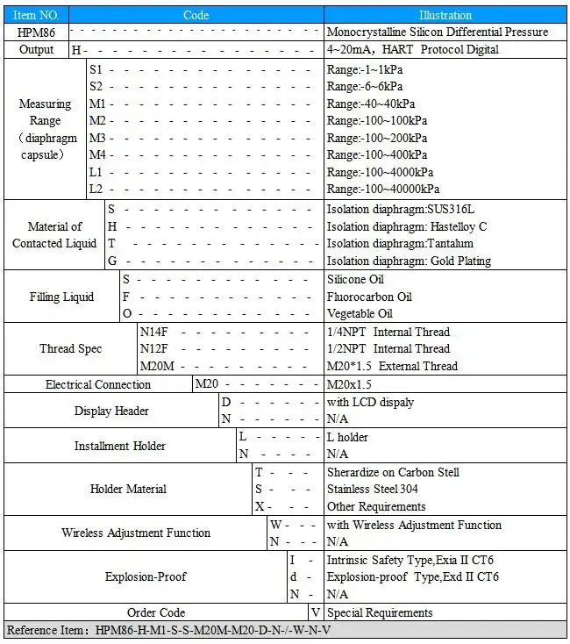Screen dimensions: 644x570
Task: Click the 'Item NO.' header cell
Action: (x=36, y=15)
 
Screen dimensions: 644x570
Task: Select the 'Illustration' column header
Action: (x=445, y=15)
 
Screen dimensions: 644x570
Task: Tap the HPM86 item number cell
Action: (x=36, y=32)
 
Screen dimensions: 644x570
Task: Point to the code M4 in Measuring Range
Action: (x=97, y=155)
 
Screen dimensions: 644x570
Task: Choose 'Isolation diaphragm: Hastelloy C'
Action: (x=407, y=226)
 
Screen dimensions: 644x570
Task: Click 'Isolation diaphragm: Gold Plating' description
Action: (x=409, y=261)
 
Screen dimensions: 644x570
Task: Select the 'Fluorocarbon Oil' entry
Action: (x=369, y=297)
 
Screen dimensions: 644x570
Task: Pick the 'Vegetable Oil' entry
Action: (x=360, y=313)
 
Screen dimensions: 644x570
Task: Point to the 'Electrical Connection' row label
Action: (x=98, y=384)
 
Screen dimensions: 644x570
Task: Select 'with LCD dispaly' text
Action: (x=370, y=402)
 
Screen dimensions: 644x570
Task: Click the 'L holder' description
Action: (x=347, y=437)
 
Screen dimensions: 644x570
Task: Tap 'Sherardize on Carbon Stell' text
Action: (x=393, y=472)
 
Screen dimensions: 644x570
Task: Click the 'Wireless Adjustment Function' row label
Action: (x=136, y=533)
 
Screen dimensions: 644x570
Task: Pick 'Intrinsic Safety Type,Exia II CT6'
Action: (x=411, y=560)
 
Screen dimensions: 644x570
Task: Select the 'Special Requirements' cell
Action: (x=380, y=612)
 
